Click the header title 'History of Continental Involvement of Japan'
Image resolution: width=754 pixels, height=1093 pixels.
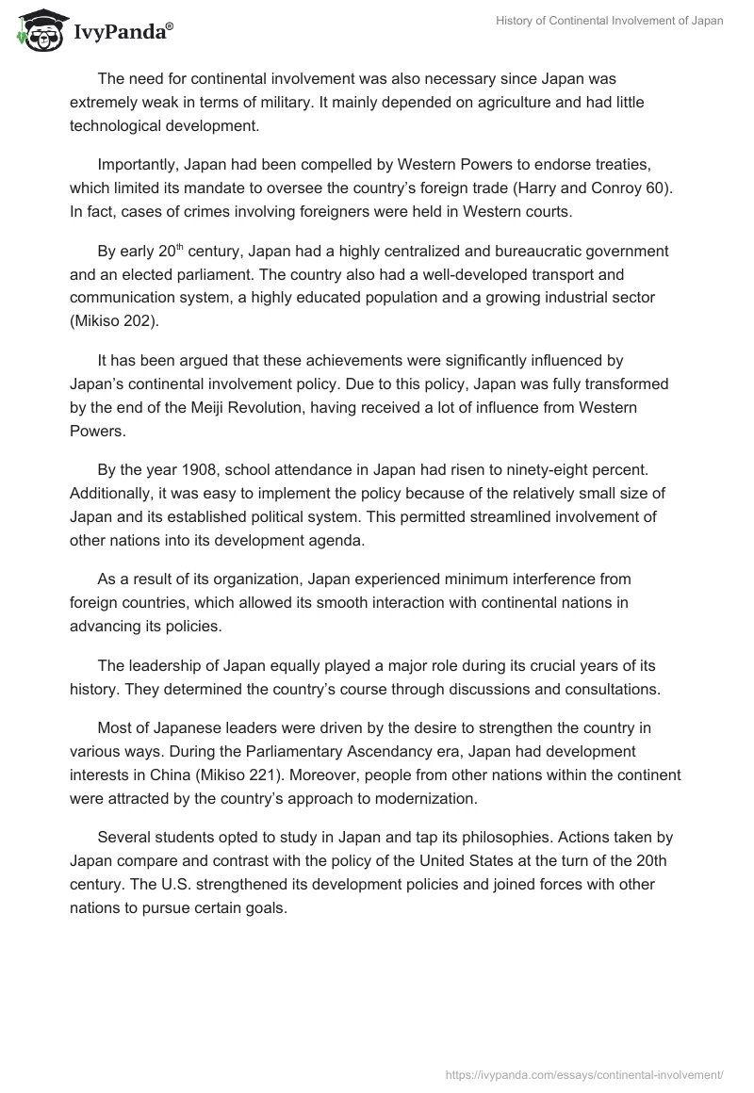click(x=609, y=21)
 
